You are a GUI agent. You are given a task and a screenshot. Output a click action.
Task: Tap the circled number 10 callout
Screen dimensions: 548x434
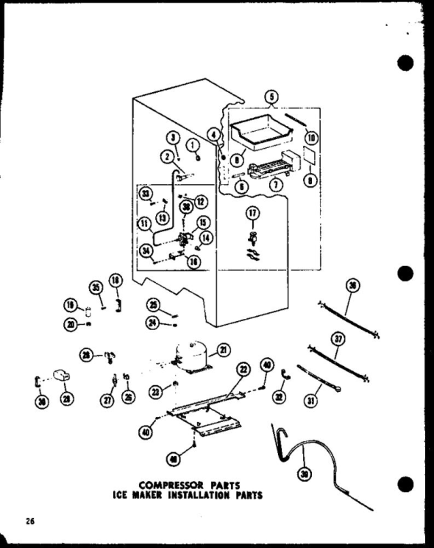pos(311,137)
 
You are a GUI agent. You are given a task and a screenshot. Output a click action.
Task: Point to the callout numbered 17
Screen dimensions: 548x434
pos(252,214)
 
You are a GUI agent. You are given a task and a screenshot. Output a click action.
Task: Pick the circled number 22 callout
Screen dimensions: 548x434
pos(243,368)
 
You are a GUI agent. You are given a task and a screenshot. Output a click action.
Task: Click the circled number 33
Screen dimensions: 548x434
pos(146,194)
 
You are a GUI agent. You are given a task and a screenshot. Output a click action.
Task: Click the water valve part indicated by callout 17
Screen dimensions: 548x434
pos(252,238)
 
